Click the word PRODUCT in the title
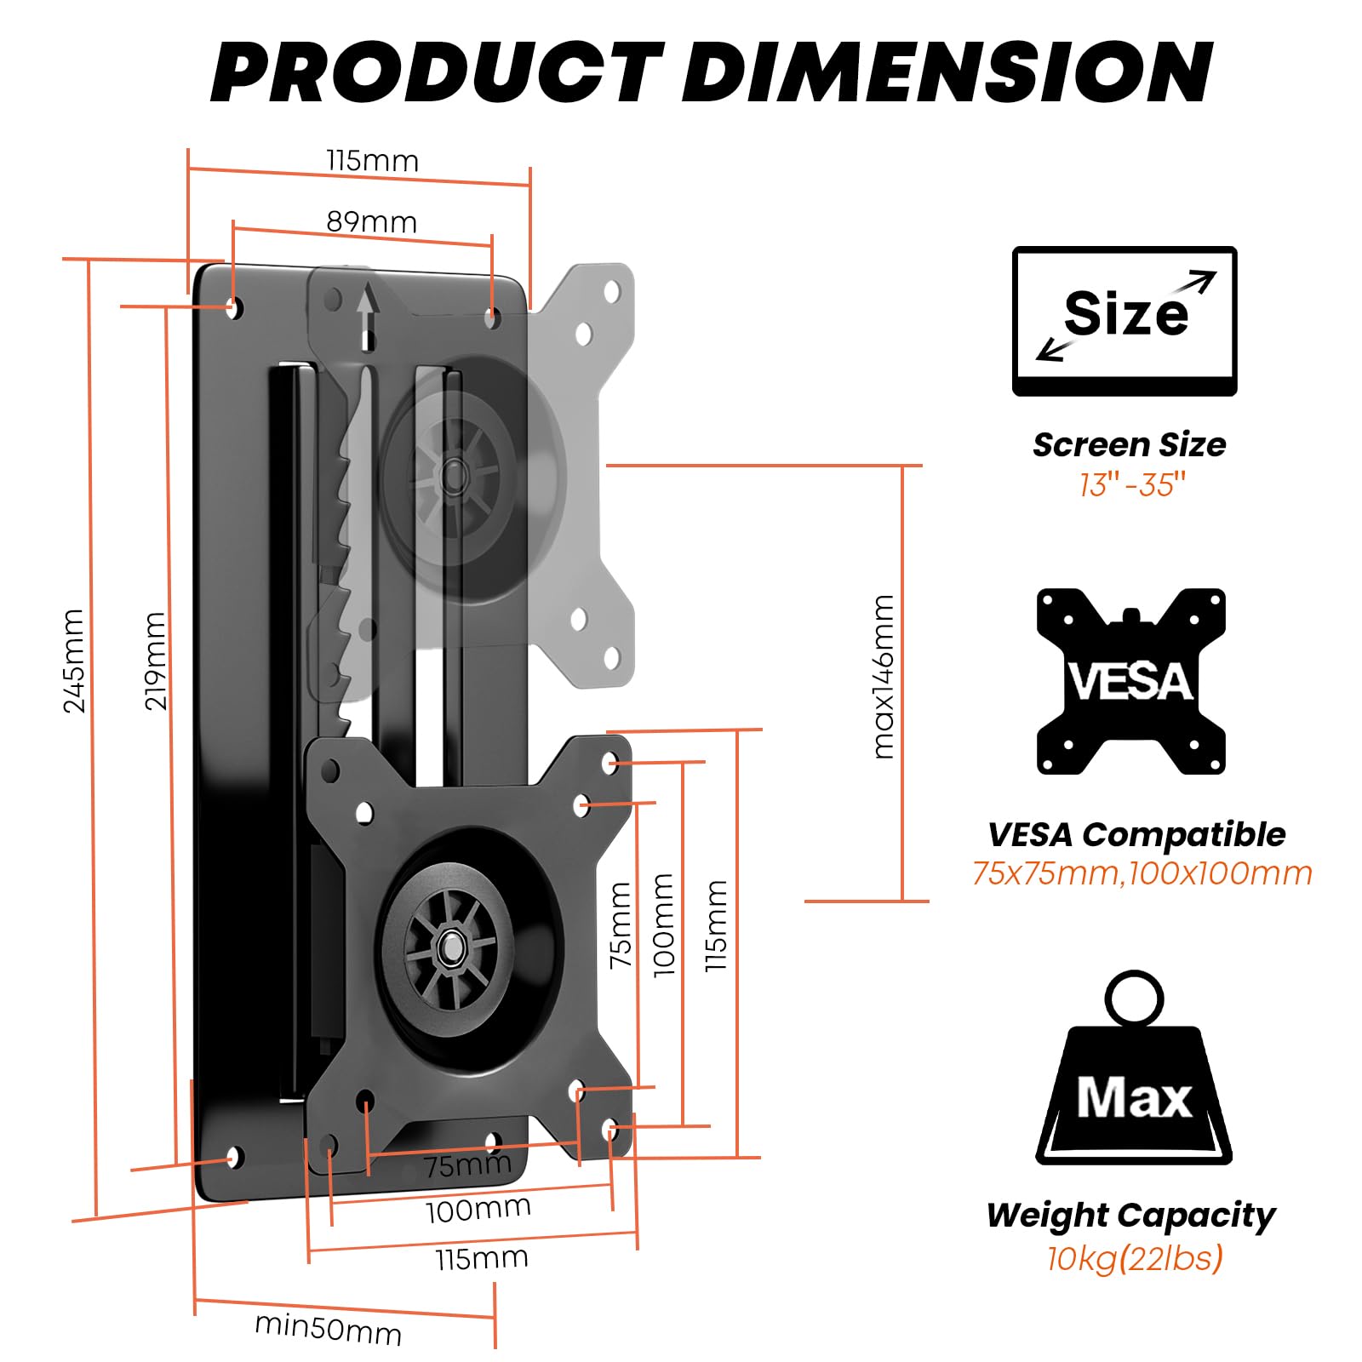click(437, 72)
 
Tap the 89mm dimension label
click(372, 223)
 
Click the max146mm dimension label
click(884, 676)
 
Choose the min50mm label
click(328, 1328)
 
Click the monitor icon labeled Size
click(1124, 321)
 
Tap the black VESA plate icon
click(1130, 681)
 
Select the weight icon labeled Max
click(1133, 1073)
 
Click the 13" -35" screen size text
click(1131, 485)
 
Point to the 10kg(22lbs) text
click(1134, 1257)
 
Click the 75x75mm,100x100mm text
click(1142, 873)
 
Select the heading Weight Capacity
click(1130, 1215)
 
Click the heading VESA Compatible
click(1136, 834)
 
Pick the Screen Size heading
click(1129, 444)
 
